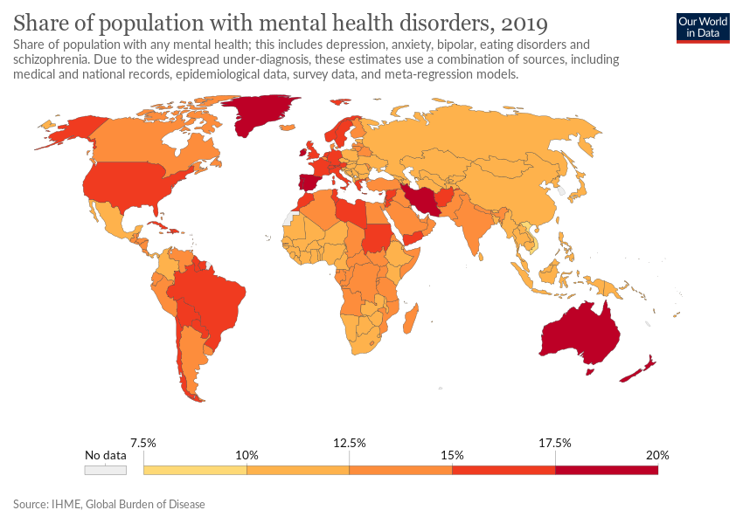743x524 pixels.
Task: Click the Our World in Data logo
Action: tap(703, 28)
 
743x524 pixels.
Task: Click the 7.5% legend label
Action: tap(143, 443)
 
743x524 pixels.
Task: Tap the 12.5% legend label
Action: tap(350, 443)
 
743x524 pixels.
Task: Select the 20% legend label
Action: tap(657, 455)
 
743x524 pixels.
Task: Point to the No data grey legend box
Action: tap(105, 470)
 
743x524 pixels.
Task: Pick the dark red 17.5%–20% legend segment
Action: tap(607, 470)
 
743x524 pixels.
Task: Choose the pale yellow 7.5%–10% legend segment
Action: tap(195, 470)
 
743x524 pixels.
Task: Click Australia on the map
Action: tap(580, 334)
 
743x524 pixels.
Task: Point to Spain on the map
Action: tap(307, 183)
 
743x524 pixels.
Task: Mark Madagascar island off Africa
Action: tap(411, 319)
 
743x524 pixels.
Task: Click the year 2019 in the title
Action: tap(524, 24)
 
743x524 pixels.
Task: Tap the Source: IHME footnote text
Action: tap(109, 504)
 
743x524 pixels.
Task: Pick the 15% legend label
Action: tap(452, 455)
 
